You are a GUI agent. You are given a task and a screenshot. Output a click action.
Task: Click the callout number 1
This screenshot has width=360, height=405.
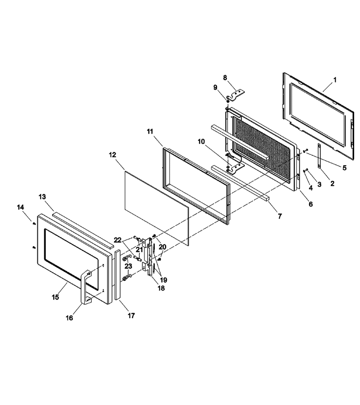(335, 80)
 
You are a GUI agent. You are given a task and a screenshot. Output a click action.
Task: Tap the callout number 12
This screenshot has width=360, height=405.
(112, 155)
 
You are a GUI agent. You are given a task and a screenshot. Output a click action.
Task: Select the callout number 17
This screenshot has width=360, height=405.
(131, 315)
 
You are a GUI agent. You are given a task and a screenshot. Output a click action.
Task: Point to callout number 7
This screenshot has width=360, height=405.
(280, 216)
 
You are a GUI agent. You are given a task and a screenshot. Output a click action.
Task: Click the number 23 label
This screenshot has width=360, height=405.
(128, 266)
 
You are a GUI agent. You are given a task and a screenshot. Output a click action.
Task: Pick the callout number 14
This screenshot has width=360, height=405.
(20, 207)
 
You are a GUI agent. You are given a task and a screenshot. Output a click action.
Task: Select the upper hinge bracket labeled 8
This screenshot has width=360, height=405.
(235, 95)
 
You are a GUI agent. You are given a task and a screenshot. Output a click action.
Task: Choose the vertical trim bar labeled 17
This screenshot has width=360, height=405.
(117, 274)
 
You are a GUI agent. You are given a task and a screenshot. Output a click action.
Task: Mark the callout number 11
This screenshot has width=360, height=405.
(150, 131)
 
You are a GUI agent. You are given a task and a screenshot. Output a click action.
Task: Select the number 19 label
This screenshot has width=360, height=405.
(163, 280)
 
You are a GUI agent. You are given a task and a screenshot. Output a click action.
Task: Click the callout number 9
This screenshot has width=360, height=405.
(216, 88)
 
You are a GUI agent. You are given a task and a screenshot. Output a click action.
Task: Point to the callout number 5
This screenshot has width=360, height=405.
(345, 168)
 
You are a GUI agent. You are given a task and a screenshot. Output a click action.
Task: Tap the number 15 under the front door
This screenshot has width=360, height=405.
(55, 297)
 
